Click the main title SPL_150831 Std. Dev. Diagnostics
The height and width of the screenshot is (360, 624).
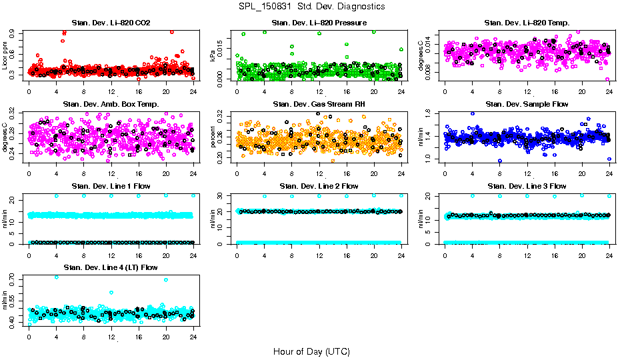[x=311, y=6]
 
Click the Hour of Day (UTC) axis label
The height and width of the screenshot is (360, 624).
[x=311, y=351]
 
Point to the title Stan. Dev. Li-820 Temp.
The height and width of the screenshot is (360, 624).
[x=527, y=23]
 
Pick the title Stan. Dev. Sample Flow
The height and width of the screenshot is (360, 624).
[x=527, y=105]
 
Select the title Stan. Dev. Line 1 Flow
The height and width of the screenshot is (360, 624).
[x=111, y=186]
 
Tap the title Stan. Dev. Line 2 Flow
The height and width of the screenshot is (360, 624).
[x=319, y=186]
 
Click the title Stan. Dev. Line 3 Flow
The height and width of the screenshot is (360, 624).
[x=527, y=186]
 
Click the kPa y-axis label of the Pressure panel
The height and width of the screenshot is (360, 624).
[x=213, y=57]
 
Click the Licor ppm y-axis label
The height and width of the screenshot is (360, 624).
[x=5, y=57]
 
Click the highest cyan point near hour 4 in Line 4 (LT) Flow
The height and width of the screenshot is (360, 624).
[x=56, y=277]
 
